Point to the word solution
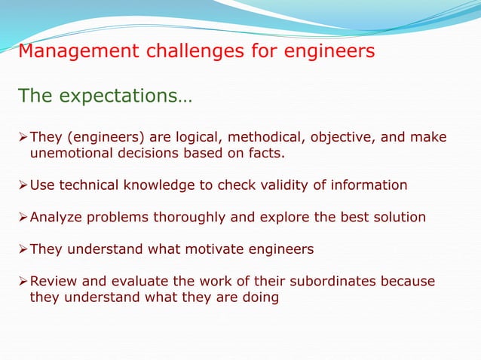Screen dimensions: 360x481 [x=398, y=217]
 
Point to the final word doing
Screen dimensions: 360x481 [x=259, y=297]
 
